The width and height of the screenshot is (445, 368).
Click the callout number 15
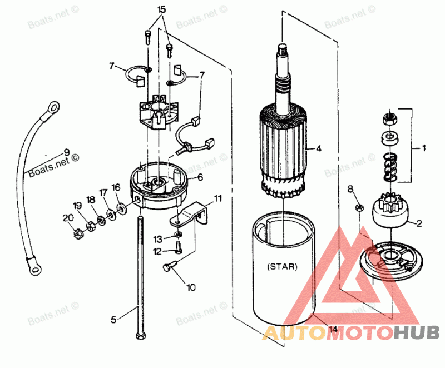pos(162,10)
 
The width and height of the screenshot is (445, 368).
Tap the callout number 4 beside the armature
pos(319,148)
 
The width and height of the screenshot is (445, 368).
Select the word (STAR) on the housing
pos(282,266)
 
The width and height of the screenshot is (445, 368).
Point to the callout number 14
pos(333,329)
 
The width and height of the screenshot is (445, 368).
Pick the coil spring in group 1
pos(389,166)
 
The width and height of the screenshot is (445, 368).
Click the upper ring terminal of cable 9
pos(53,105)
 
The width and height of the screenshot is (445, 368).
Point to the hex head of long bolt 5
pos(139,335)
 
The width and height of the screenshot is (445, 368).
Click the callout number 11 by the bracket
pos(217,198)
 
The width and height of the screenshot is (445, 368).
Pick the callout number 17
pos(103,192)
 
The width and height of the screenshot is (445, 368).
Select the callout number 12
pos(157,251)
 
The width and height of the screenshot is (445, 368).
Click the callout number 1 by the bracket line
pos(424,148)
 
